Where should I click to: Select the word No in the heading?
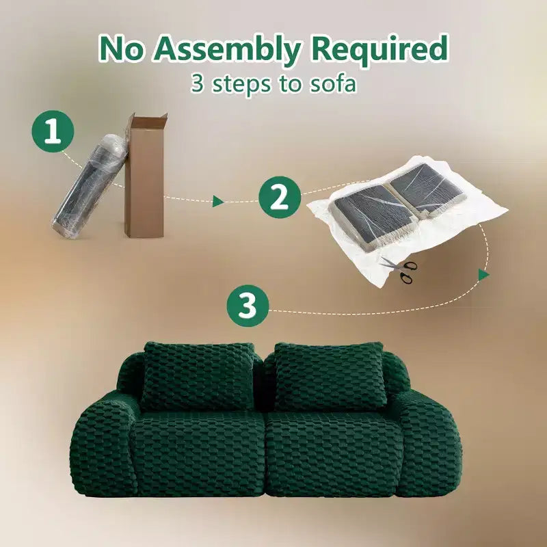121,48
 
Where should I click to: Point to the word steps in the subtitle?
241,85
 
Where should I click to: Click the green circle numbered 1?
53,131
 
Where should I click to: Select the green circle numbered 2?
280,197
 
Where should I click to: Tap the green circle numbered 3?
248,306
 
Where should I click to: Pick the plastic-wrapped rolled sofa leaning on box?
90,187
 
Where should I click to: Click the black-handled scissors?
402,269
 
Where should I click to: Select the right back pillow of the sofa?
330,376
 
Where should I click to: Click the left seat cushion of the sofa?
198,453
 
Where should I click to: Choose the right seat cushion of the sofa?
333,453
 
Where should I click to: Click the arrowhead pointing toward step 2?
218,201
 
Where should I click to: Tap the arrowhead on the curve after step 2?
483,275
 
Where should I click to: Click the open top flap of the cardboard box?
146,120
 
